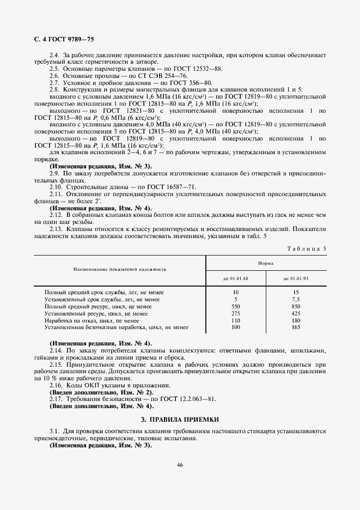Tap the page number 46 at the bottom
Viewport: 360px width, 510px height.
point(180,464)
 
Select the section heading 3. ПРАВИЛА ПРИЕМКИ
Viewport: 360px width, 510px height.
point(180,420)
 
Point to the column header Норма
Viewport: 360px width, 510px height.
point(266,263)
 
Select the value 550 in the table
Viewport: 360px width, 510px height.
point(235,307)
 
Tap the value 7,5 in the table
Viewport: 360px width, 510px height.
point(296,300)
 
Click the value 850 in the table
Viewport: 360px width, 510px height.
point(296,307)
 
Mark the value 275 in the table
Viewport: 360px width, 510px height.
point(235,314)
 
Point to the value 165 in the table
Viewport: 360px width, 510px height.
point(296,327)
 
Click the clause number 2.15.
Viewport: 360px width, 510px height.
point(57,364)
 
